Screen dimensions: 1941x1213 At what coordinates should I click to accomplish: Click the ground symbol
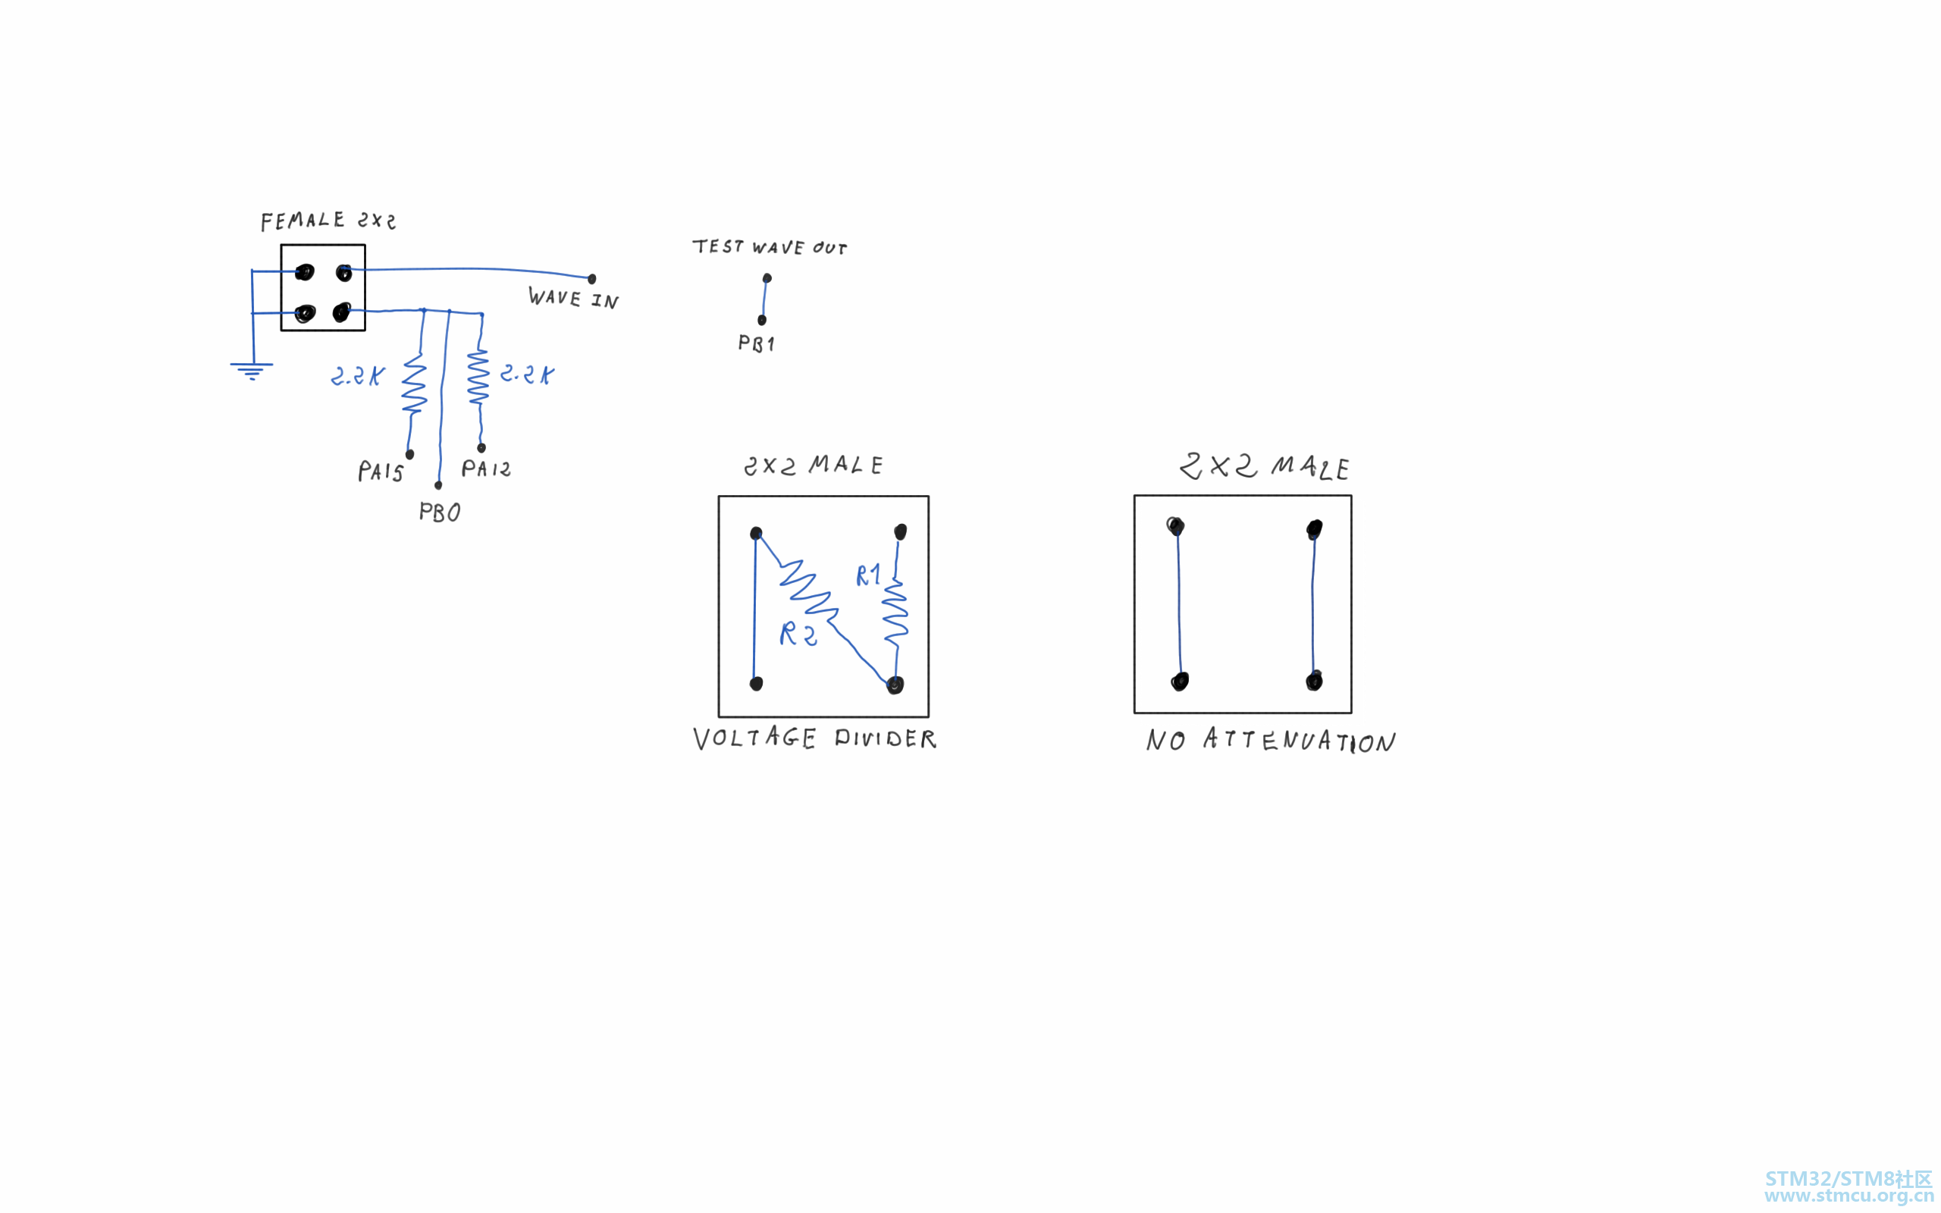[x=251, y=371]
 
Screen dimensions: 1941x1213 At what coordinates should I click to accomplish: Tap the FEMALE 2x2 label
[x=328, y=221]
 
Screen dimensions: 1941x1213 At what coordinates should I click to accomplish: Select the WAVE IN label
[x=572, y=298]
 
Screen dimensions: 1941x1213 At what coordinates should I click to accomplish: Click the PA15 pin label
[x=380, y=471]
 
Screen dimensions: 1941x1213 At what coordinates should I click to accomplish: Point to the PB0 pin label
[x=440, y=512]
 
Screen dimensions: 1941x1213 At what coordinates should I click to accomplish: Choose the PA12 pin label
[x=486, y=469]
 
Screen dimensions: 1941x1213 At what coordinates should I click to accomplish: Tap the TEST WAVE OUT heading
[x=769, y=246]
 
